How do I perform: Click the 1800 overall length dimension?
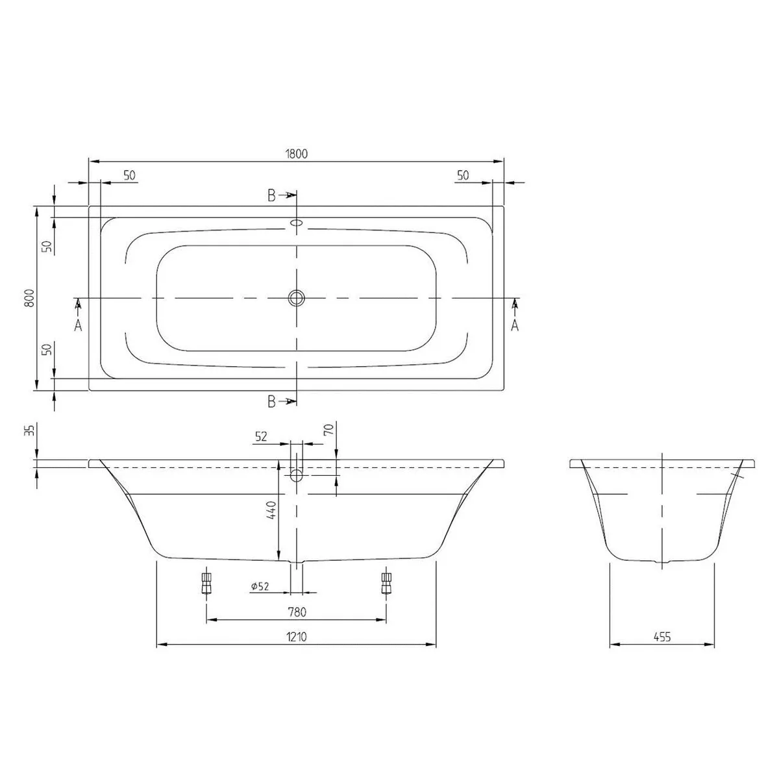296,154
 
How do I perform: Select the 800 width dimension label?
30,298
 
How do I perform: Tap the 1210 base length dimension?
297,637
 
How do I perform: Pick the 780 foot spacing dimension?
297,612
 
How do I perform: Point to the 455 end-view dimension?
662,637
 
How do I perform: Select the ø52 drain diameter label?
260,586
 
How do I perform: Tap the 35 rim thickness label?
30,430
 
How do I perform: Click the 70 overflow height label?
328,429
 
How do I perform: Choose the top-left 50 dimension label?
129,175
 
